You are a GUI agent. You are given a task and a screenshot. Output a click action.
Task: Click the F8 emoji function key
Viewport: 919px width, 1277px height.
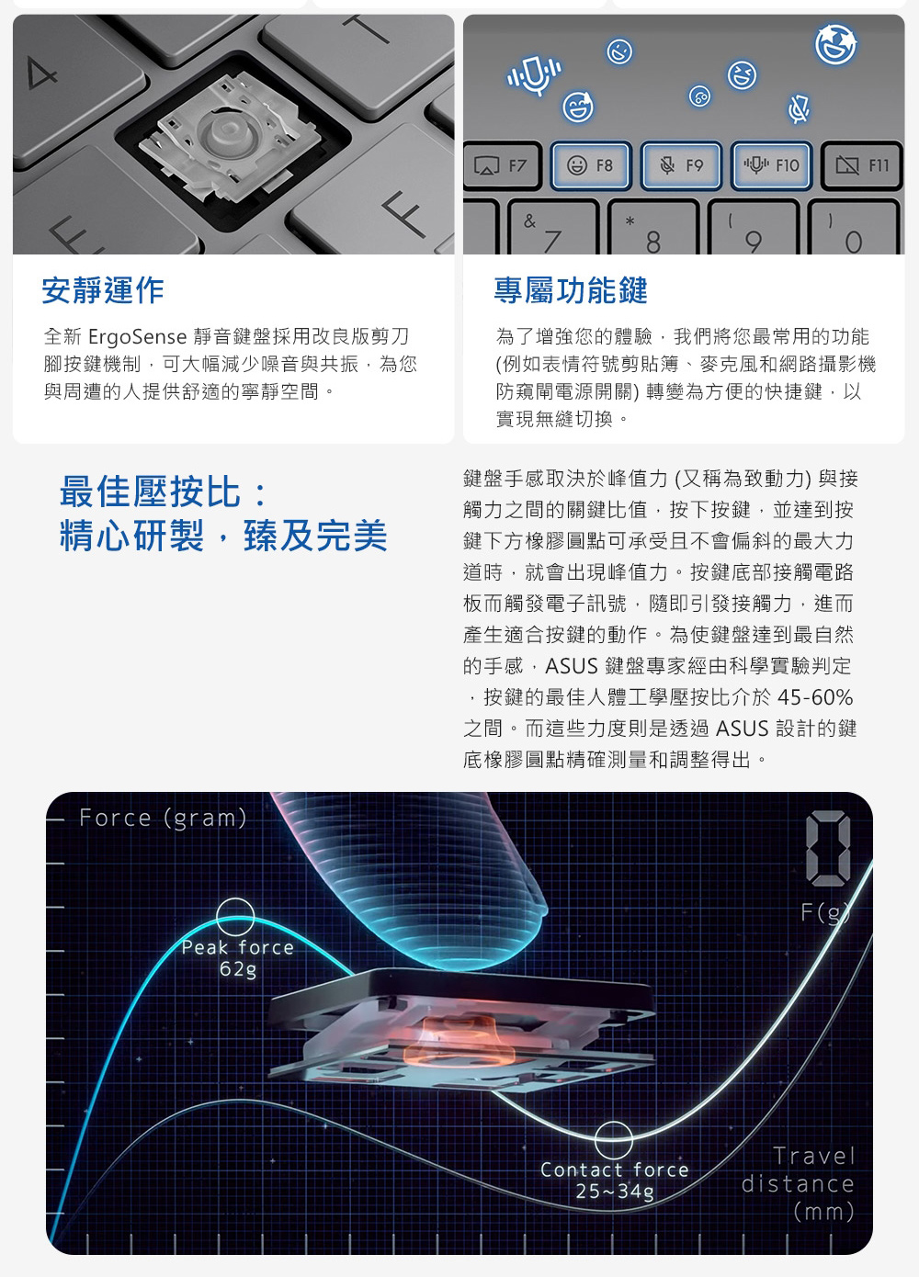coord(591,165)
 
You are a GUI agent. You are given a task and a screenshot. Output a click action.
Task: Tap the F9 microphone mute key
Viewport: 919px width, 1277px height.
coord(681,165)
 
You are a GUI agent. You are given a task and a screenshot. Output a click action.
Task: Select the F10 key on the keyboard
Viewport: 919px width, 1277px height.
coord(771,165)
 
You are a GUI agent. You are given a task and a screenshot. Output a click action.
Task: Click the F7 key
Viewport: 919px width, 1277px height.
coord(501,166)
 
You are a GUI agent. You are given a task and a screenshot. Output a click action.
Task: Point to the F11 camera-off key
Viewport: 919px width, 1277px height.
coord(862,166)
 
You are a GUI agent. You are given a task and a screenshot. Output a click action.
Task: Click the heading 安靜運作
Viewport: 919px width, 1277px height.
coord(103,290)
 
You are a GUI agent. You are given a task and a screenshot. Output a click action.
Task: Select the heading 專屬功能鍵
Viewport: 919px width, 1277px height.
coord(571,290)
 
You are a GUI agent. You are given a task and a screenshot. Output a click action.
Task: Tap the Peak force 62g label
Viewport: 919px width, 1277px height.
coord(238,957)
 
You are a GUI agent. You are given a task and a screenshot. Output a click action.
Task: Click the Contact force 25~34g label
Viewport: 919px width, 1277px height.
coord(615,1181)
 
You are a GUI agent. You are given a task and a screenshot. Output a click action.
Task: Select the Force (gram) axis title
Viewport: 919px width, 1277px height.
coord(163,818)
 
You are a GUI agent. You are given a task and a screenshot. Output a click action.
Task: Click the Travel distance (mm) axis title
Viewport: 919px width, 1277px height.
coord(798,1184)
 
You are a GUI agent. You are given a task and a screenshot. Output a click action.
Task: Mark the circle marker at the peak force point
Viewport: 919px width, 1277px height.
coord(235,899)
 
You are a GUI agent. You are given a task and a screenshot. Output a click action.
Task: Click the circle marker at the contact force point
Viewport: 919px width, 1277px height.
coord(613,1123)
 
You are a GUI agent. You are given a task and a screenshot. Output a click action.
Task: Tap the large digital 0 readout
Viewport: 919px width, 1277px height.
coord(828,849)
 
